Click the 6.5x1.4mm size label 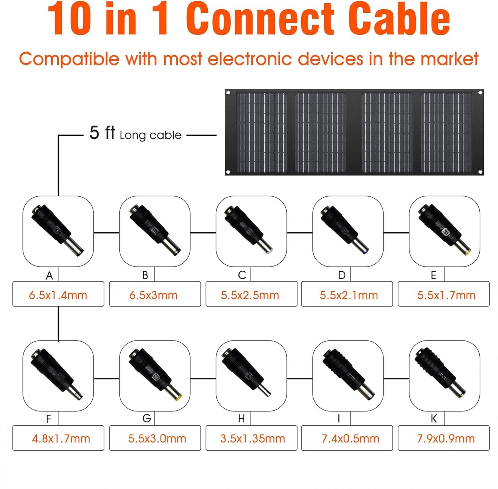(x=58, y=295)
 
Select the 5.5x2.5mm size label (x=250, y=295)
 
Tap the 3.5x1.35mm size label (x=253, y=439)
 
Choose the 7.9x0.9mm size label (x=446, y=439)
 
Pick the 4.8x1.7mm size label (x=61, y=439)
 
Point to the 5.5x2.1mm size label (x=349, y=295)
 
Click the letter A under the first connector (x=49, y=275)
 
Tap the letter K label (x=434, y=418)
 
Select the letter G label (x=146, y=418)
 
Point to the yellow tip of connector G (x=178, y=397)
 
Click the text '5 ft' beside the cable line (x=102, y=133)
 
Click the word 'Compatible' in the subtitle (x=69, y=59)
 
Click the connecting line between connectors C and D (x=299, y=233)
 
